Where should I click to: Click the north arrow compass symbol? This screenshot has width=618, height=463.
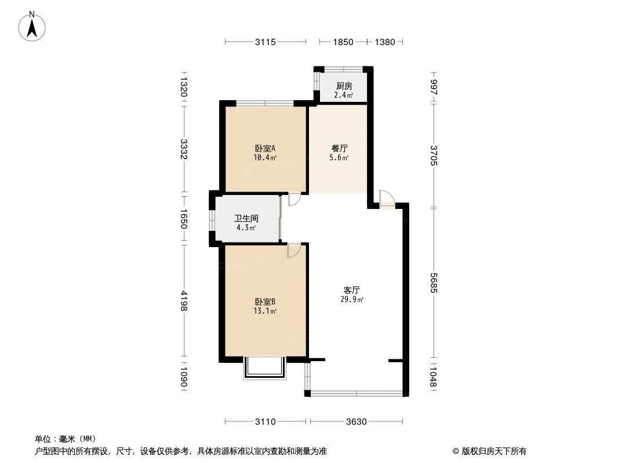32,25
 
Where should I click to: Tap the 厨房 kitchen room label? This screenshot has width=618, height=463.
344,86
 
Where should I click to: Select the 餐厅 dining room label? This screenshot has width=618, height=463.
339,148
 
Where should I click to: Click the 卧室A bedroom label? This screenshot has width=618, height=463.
265,148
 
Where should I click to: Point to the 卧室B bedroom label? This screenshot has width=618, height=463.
265,302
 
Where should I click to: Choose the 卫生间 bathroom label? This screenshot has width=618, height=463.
246,219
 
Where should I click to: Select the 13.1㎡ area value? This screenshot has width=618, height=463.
265,311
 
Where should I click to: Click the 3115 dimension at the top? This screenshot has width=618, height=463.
266,42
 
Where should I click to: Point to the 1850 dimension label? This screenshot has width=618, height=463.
343,42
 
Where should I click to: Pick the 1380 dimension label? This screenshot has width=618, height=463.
385,42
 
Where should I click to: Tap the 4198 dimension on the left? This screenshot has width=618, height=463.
184,301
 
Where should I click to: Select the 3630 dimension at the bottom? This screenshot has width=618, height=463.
356,422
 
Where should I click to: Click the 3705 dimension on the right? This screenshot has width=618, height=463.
433,156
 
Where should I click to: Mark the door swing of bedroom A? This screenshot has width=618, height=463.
295,199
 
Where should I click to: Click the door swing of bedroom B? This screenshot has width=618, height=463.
294,249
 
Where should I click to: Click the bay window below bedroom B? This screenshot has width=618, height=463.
265,368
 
